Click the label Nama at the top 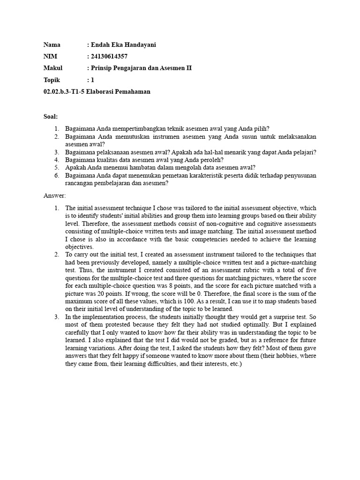[52, 45]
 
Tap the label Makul [53, 68]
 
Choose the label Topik [52, 80]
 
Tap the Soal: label [50, 116]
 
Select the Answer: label [55, 195]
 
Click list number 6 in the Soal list [56, 176]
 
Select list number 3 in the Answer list [56, 317]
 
